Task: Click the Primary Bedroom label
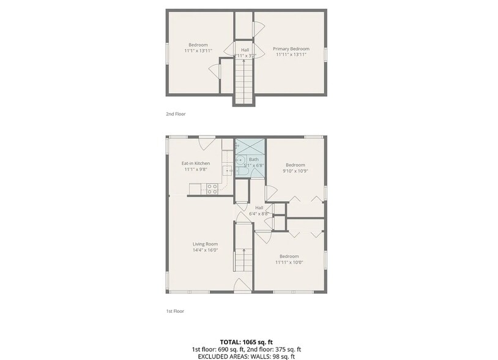[291, 49]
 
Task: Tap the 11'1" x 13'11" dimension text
[198, 51]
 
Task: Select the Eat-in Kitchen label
[196, 163]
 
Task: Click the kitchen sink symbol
[226, 171]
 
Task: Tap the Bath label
[253, 159]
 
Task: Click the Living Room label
[205, 244]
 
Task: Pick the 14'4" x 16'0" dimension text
[205, 250]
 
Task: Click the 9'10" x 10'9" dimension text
[295, 171]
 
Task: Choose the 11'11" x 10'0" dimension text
[289, 262]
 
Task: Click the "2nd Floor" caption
[176, 114]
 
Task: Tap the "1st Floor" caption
[175, 311]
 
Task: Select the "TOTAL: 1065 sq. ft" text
[248, 342]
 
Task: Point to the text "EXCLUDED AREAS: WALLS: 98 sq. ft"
[248, 356]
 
